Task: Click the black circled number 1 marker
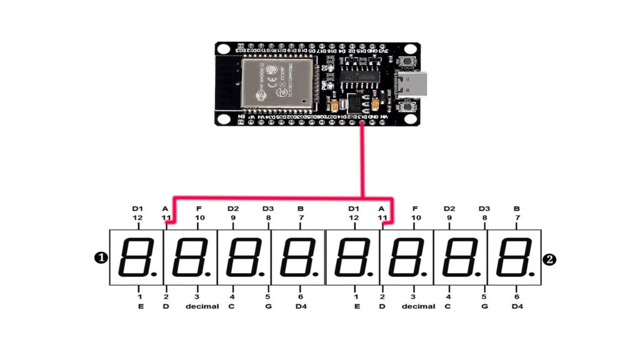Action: point(101,257)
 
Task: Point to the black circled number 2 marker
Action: point(550,258)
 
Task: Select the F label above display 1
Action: point(199,208)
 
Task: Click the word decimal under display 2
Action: point(418,306)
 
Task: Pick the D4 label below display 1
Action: point(301,306)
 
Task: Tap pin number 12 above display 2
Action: point(354,217)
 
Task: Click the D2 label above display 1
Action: point(233,208)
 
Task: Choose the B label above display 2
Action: point(516,208)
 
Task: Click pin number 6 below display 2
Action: point(516,297)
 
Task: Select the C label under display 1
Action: point(232,306)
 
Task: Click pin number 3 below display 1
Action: point(197,297)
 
